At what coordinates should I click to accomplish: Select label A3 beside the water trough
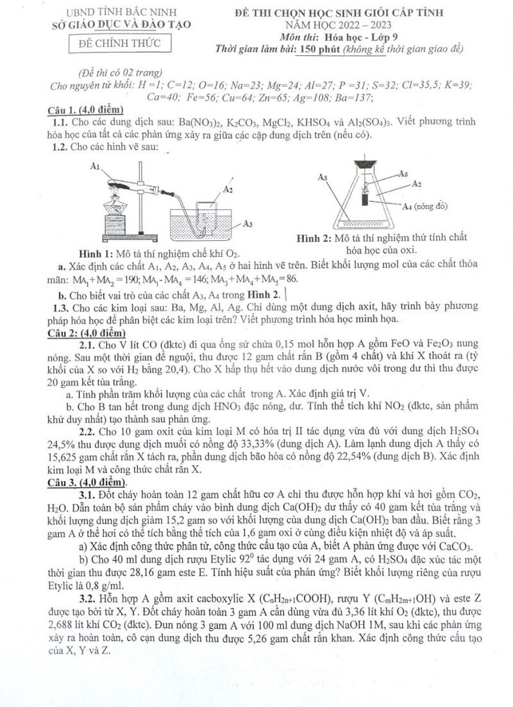click(x=248, y=223)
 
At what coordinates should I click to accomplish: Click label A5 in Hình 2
click(x=403, y=173)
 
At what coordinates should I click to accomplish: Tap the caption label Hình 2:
click(x=319, y=238)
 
